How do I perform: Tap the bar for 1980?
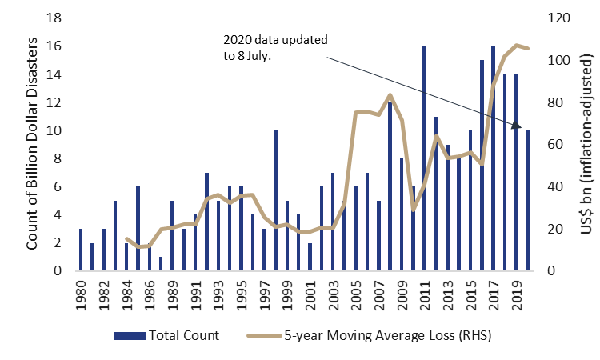(81, 250)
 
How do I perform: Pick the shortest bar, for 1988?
(161, 263)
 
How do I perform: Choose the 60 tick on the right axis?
(555, 145)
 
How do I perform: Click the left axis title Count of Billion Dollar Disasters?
(33, 144)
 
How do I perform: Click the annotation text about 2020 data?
(274, 47)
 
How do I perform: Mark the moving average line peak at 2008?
(390, 95)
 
